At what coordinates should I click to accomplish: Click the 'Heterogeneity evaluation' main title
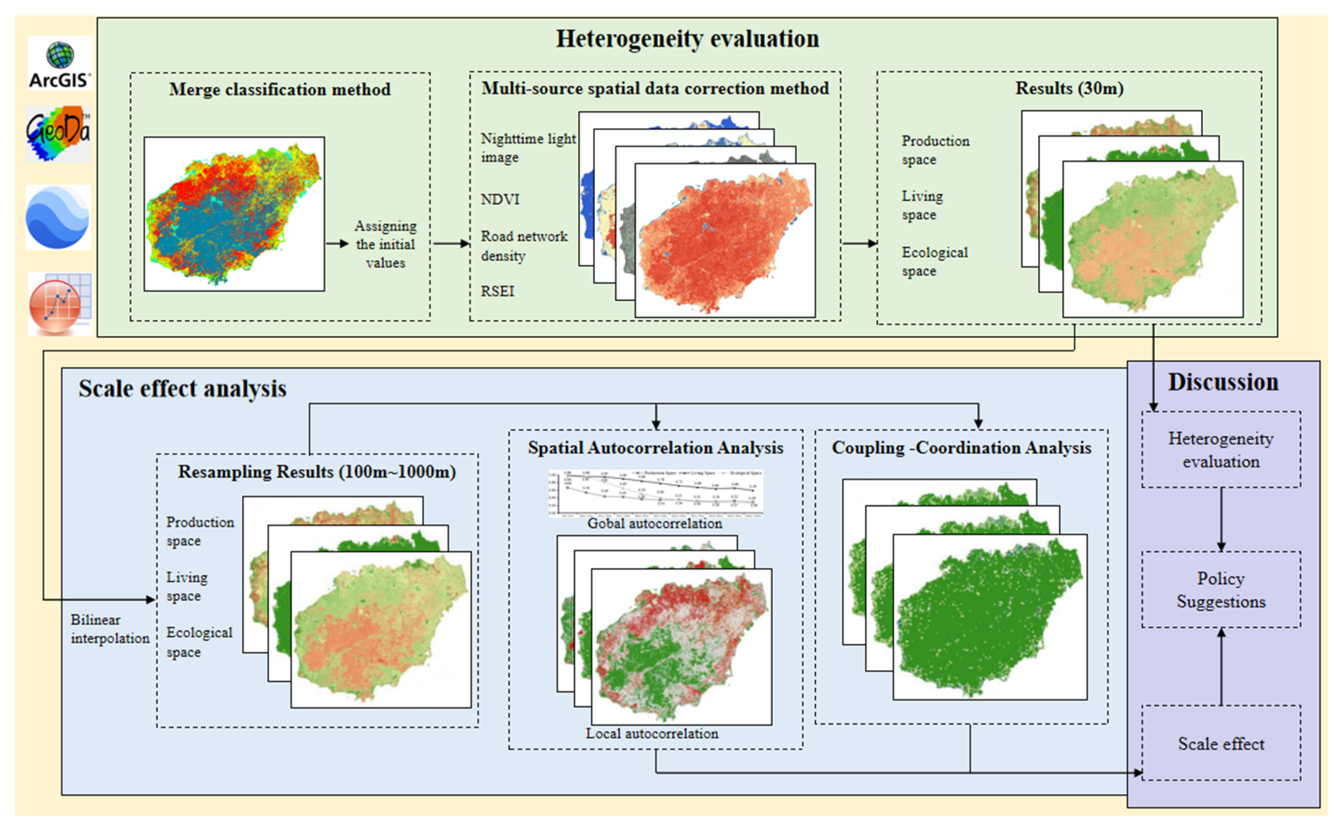click(687, 39)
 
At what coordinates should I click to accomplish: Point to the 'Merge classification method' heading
click(279, 89)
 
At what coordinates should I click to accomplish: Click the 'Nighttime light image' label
click(527, 148)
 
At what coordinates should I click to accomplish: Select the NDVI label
click(500, 199)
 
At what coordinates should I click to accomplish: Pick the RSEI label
click(498, 291)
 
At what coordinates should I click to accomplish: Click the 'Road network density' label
click(524, 245)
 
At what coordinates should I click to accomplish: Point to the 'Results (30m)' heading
click(1069, 88)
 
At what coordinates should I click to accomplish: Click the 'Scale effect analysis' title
click(182, 389)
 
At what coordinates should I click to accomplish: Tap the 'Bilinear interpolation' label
click(110, 629)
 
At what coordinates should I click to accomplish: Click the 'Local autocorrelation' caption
click(652, 734)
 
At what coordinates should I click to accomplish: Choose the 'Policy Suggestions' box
click(1221, 590)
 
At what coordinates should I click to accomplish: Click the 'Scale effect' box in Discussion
click(1221, 744)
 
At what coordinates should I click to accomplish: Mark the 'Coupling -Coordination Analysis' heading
click(961, 448)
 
